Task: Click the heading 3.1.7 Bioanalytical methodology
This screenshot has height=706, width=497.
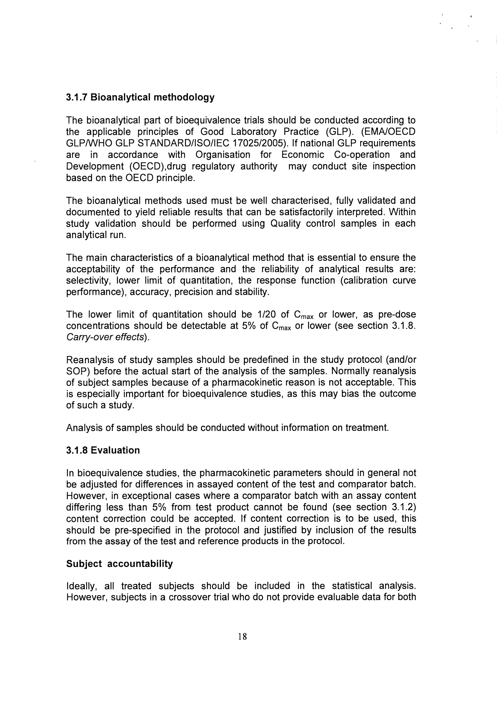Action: coord(140,97)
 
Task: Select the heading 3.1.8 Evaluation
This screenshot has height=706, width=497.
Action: coord(103,450)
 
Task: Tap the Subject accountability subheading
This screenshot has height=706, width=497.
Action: coord(119,564)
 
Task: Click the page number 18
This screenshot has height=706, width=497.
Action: coord(242,636)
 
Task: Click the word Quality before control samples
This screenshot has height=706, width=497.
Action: coord(285,224)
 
